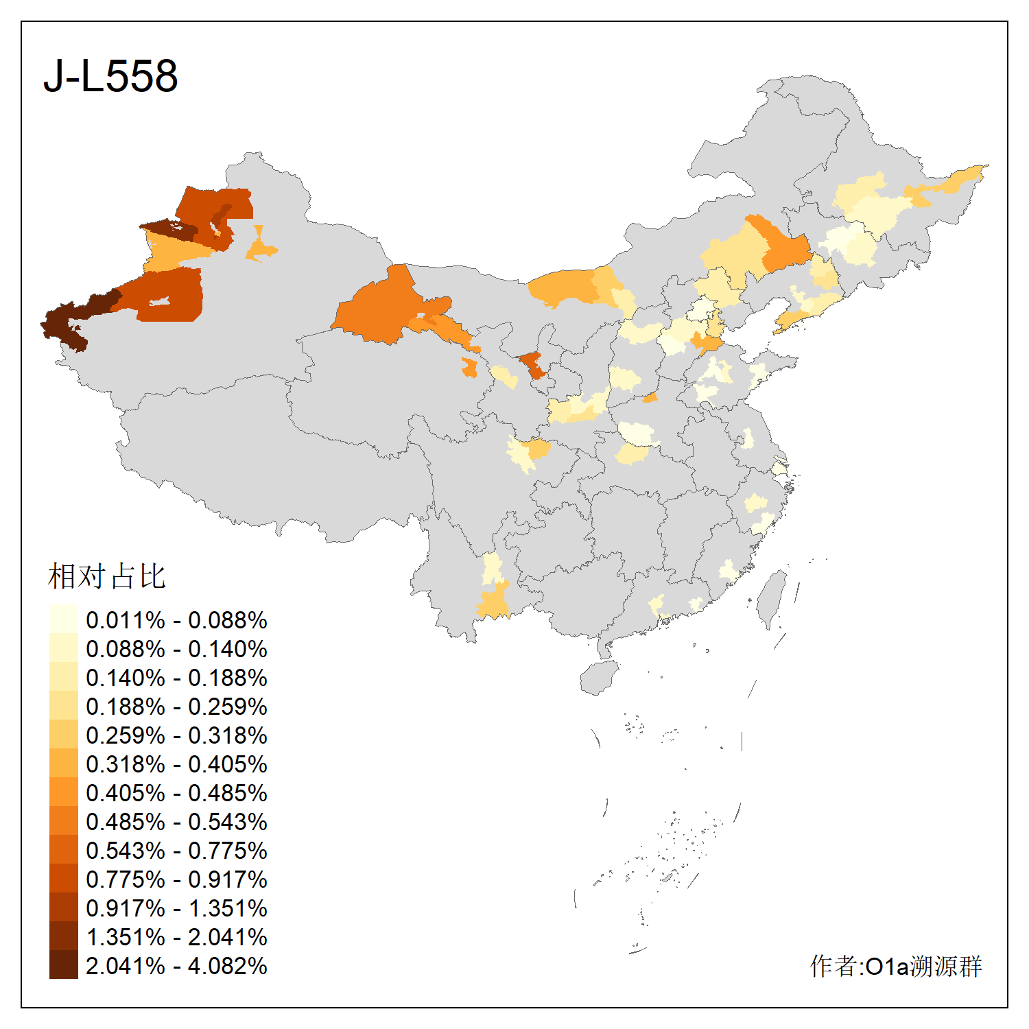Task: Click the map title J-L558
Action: point(110,75)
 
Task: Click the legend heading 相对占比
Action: point(107,576)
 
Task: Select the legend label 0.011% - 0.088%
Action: point(176,620)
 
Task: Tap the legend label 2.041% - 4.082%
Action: point(176,966)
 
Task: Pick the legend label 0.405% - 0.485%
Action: point(176,793)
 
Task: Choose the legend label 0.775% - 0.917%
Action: point(176,879)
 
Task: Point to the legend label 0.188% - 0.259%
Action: point(176,707)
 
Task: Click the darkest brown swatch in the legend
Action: point(64,965)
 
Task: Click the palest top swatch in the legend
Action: point(64,619)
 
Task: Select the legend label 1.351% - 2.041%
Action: point(176,937)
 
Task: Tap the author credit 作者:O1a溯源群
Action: point(895,966)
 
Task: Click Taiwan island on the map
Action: point(773,598)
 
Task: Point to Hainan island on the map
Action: point(598,678)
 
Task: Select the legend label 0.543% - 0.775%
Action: point(176,851)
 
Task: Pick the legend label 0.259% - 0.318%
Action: point(176,735)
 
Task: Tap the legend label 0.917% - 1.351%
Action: point(176,908)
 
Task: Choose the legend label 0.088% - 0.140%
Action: point(176,649)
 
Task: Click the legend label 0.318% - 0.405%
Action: point(176,764)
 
